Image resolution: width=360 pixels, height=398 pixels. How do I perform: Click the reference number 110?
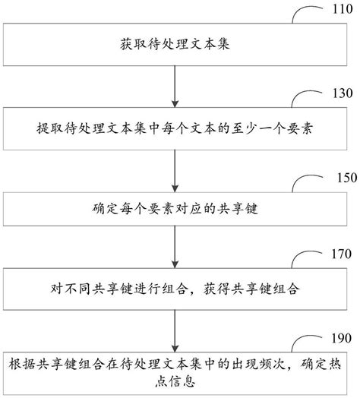(x=343, y=9)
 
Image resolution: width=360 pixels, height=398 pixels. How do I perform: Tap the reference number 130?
(x=343, y=93)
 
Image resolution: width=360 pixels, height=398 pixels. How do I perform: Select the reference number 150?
(x=347, y=178)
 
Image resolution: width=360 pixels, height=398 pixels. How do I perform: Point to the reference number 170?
(x=342, y=254)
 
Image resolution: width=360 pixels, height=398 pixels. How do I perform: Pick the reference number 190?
(x=342, y=338)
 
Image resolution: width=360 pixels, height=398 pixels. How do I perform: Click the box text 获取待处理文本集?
(x=175, y=44)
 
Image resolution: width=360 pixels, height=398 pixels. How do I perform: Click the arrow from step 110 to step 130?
(x=175, y=87)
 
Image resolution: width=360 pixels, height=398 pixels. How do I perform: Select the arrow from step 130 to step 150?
(x=175, y=171)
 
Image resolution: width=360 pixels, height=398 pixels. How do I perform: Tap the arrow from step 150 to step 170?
(x=175, y=247)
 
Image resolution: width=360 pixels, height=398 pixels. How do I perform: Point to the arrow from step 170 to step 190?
(x=175, y=331)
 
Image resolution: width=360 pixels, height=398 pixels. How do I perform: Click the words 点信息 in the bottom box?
(x=175, y=381)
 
